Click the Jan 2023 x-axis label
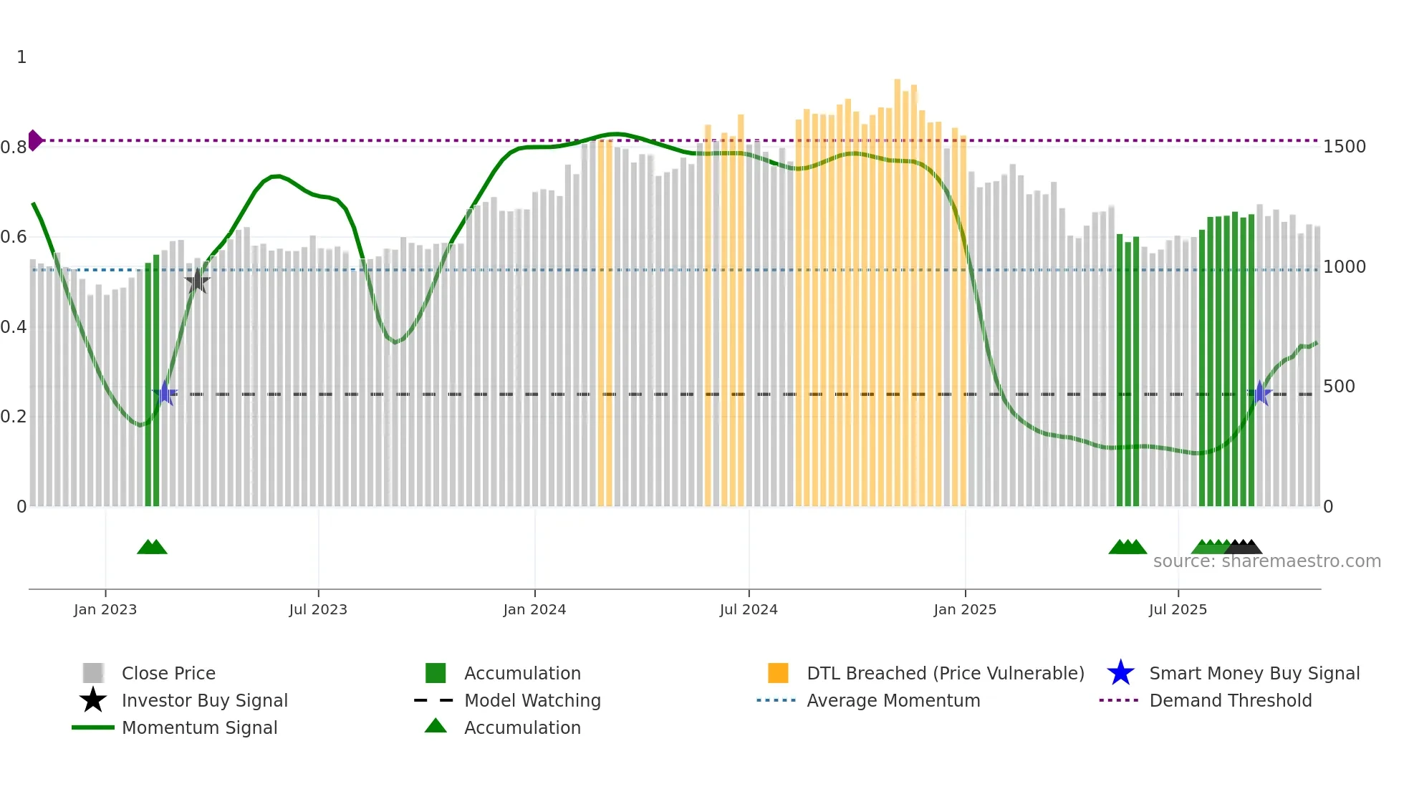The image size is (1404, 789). pyautogui.click(x=105, y=609)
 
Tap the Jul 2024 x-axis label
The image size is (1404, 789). pyautogui.click(x=749, y=609)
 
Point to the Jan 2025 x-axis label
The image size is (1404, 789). pyautogui.click(x=965, y=609)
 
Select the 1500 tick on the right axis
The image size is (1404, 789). pyautogui.click(x=1345, y=147)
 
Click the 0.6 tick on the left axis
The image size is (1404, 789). pyautogui.click(x=14, y=237)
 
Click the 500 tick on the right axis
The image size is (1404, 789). pyautogui.click(x=1339, y=387)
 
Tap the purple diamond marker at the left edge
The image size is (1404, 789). pyautogui.click(x=34, y=140)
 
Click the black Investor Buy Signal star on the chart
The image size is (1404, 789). pyautogui.click(x=197, y=281)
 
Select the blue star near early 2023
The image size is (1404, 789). pyautogui.click(x=165, y=393)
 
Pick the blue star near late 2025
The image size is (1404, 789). pyautogui.click(x=1260, y=393)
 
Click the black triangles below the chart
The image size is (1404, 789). pyautogui.click(x=1244, y=547)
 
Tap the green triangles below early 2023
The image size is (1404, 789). pyautogui.click(x=152, y=547)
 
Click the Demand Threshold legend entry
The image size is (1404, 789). pyautogui.click(x=1230, y=700)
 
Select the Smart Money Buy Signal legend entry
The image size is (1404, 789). pyautogui.click(x=1254, y=673)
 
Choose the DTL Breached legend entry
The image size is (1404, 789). pyautogui.click(x=945, y=673)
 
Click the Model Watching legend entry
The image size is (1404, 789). pyautogui.click(x=532, y=700)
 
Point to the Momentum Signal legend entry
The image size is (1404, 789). pyautogui.click(x=199, y=727)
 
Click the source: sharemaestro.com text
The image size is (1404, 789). pyautogui.click(x=1266, y=561)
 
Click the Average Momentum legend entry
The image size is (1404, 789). pyautogui.click(x=893, y=700)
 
